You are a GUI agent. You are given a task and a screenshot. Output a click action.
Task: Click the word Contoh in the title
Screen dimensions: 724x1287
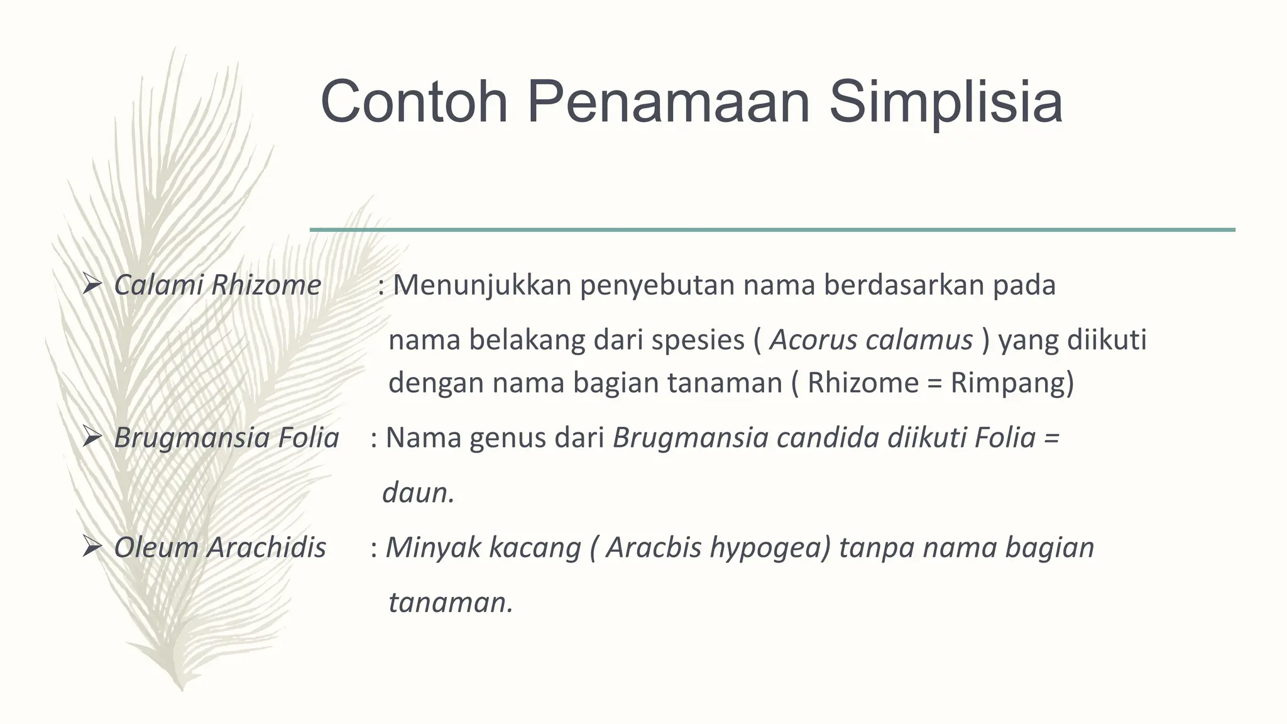(413, 102)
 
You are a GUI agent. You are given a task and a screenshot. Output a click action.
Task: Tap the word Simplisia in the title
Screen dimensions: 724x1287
(946, 102)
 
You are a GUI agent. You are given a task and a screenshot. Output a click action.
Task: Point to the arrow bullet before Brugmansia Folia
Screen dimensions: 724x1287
(92, 438)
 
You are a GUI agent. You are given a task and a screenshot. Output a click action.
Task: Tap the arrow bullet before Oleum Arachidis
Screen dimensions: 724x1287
(92, 548)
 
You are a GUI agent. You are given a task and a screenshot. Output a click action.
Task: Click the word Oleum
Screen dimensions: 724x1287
(156, 547)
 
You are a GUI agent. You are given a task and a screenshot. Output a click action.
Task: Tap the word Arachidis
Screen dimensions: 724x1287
(267, 547)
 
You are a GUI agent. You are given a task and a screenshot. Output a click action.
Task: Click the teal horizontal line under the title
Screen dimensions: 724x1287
(772, 230)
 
